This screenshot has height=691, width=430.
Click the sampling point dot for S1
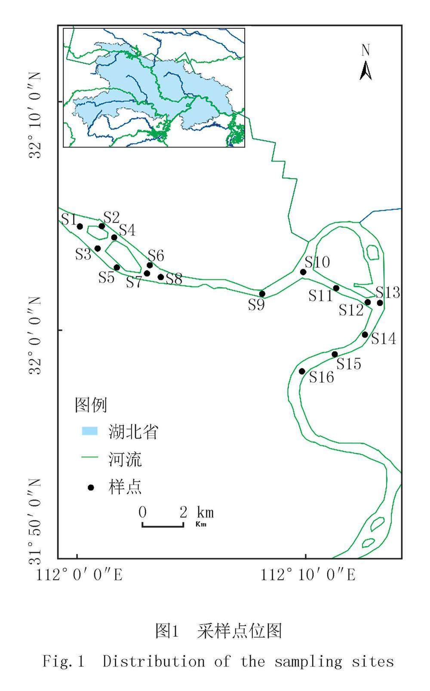click(80, 226)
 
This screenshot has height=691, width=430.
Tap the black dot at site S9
click(262, 294)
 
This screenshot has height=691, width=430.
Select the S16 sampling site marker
click(302, 371)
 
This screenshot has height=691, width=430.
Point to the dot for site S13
click(380, 303)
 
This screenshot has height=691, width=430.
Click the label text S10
click(317, 261)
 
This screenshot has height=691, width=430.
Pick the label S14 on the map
click(384, 339)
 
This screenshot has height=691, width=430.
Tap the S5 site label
click(106, 277)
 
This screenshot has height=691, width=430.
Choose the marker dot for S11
click(336, 288)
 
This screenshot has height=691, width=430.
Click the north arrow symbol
click(365, 71)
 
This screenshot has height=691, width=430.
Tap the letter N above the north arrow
click(365, 50)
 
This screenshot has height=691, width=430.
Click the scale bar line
click(163, 525)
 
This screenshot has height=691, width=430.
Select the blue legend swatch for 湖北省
click(89, 431)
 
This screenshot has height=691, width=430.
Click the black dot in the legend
click(91, 487)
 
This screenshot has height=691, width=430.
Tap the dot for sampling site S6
click(150, 265)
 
